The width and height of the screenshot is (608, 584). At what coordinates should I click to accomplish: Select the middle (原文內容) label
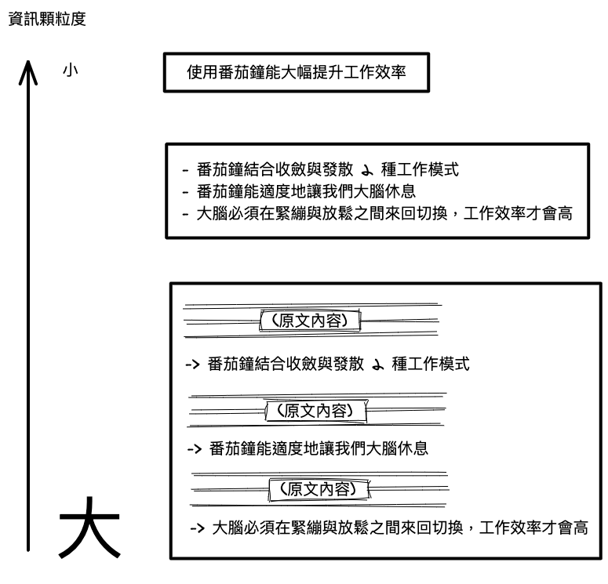(318, 409)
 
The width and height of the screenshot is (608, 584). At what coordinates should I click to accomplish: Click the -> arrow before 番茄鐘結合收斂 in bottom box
(192, 365)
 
